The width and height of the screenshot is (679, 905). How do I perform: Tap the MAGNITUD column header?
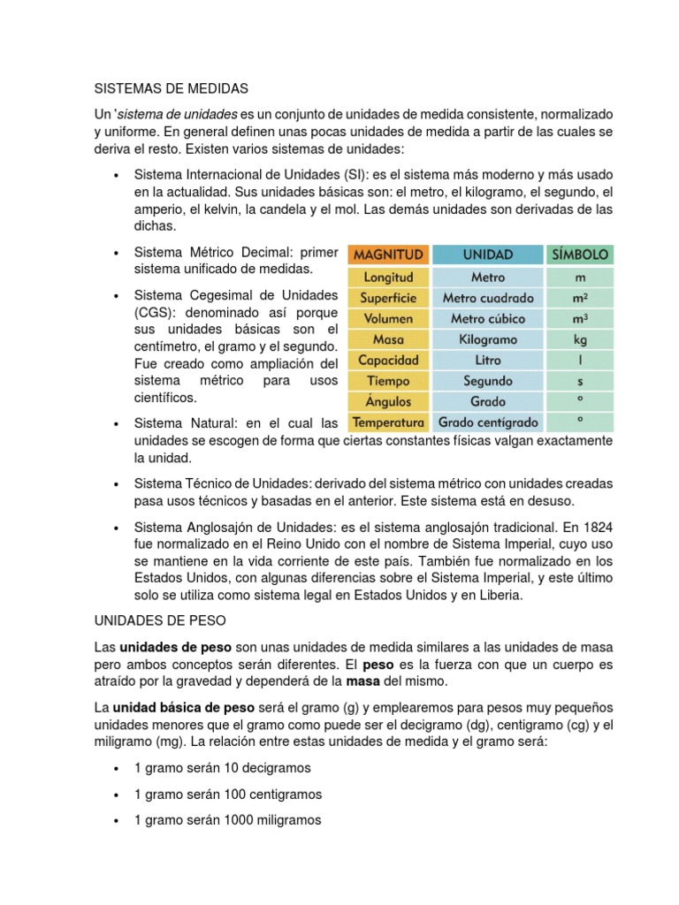[389, 255]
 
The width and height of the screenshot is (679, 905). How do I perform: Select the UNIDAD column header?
[487, 255]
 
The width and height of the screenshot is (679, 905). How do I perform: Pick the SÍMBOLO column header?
[579, 255]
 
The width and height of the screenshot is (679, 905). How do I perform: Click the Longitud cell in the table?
[389, 278]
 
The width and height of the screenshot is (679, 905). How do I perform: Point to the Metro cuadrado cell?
[487, 298]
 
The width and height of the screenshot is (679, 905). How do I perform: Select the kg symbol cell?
[579, 339]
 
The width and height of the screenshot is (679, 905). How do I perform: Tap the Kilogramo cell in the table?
[487, 339]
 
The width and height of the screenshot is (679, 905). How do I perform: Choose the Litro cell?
[487, 361]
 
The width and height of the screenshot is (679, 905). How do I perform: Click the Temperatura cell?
[389, 422]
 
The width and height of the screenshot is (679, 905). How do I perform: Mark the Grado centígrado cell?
[487, 422]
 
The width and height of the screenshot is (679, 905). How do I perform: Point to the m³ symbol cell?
[579, 319]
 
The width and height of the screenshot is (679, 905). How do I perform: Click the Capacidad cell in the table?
[389, 361]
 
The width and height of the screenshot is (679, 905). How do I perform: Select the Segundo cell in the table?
[487, 381]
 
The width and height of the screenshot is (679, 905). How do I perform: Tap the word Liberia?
[500, 596]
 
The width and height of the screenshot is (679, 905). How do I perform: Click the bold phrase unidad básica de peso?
[183, 709]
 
